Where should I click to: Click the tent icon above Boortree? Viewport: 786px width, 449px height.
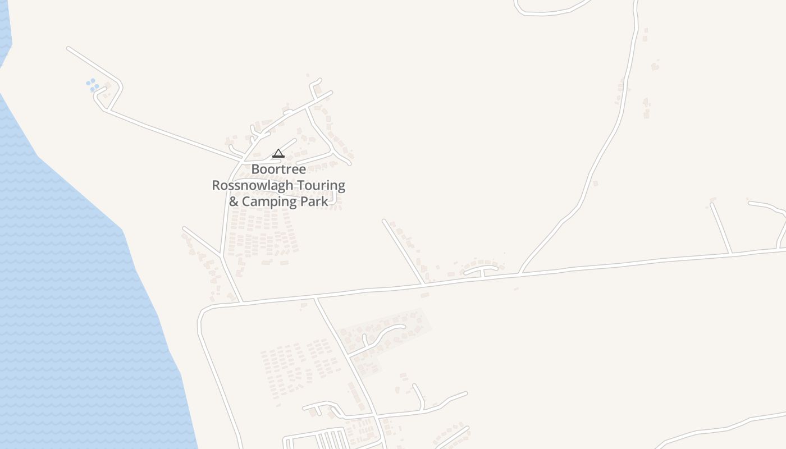[278, 153]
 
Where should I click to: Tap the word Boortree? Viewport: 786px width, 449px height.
[278, 169]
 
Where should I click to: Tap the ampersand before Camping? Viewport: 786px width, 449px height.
[234, 201]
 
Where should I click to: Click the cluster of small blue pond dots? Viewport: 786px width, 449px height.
[92, 85]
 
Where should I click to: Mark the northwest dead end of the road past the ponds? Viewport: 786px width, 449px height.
[68, 49]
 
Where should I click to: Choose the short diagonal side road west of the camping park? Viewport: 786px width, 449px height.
[201, 241]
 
